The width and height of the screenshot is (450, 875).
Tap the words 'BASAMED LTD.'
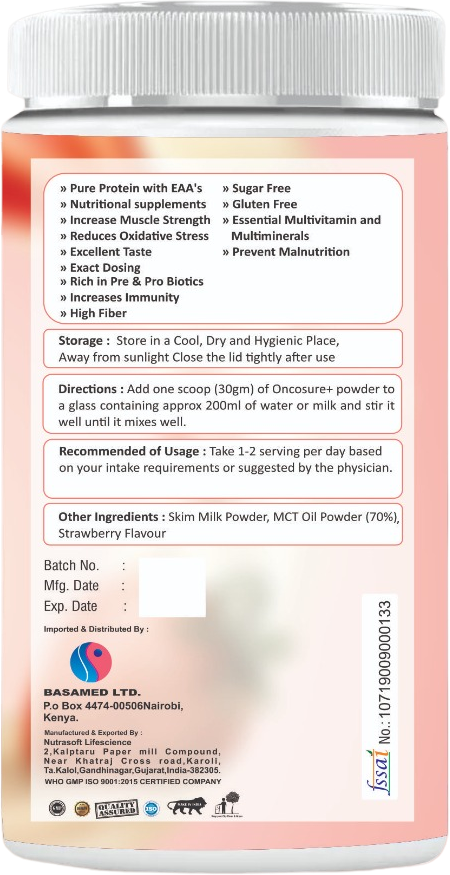point(92,692)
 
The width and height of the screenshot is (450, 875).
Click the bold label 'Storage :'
point(83,341)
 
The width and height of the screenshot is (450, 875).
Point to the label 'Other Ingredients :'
point(111,517)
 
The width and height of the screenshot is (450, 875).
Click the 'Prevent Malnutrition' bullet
point(286,252)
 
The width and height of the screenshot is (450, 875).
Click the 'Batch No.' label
point(70,566)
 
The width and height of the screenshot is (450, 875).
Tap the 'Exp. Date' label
point(71,606)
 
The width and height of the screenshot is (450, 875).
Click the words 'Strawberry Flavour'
point(112,534)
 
